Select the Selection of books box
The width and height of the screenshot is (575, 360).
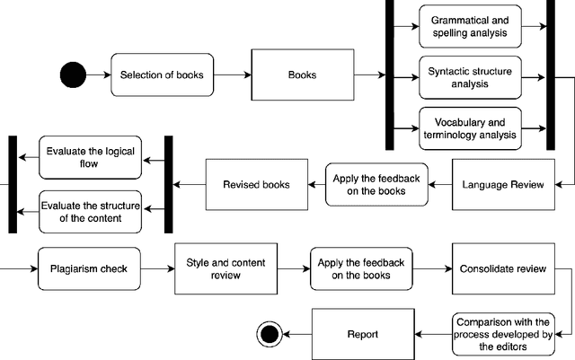click(x=163, y=75)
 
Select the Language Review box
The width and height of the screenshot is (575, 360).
click(x=502, y=185)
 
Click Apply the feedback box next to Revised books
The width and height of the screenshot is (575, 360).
click(x=376, y=185)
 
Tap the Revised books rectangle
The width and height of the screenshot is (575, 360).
click(x=256, y=185)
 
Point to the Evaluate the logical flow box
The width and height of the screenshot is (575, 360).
click(x=88, y=158)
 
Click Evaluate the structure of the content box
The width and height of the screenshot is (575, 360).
click(x=88, y=211)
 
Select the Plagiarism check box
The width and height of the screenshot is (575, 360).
click(x=88, y=268)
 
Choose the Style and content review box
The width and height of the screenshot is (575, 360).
click(x=213, y=268)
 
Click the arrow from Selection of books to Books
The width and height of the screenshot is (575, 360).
click(x=234, y=75)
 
